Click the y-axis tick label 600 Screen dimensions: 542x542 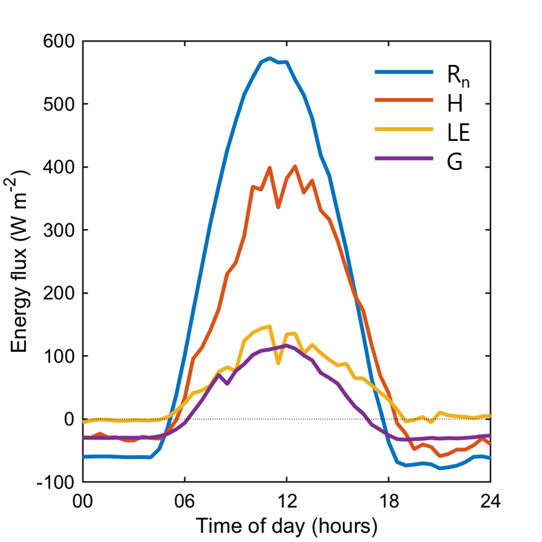60,41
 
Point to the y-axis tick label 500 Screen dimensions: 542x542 60,104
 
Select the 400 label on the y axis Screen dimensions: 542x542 60,167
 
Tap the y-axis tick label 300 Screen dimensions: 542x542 60,230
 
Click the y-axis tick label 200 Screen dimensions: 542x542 60,293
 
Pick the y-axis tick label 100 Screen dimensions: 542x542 60,356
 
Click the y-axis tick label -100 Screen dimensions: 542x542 57,482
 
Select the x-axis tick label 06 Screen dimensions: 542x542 185,502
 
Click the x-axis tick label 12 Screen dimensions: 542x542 286,502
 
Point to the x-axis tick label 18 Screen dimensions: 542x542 388,502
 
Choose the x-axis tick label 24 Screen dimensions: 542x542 489,502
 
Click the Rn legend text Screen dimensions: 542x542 457,75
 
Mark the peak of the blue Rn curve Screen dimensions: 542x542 269,58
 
